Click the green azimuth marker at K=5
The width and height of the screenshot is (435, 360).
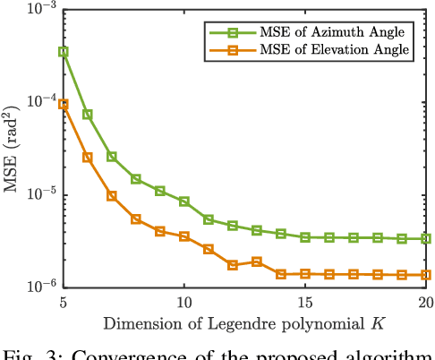pos(64,52)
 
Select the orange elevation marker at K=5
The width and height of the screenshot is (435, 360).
pos(64,104)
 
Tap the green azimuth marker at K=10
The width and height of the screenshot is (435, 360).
pos(184,201)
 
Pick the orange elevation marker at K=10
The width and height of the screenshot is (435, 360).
pos(184,236)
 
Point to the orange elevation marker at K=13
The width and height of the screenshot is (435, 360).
pos(257,261)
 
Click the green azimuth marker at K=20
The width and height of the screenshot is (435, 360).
pos(426,239)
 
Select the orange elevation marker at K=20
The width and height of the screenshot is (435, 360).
pos(426,275)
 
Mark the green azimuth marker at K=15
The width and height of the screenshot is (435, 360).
pos(305,237)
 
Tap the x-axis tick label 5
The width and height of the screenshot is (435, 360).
pos(64,302)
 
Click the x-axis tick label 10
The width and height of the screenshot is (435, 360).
pos(184,302)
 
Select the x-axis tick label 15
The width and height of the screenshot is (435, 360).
pos(305,302)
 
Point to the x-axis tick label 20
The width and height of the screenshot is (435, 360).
pos(424,302)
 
